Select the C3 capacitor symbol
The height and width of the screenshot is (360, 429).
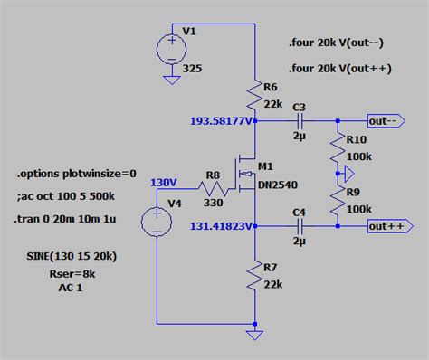tap(300, 120)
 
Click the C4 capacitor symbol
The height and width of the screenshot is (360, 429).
tap(300, 226)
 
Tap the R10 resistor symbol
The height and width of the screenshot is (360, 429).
tap(337, 146)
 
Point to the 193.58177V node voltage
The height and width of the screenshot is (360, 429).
tap(220, 120)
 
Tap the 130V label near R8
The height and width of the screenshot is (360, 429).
tap(164, 182)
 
